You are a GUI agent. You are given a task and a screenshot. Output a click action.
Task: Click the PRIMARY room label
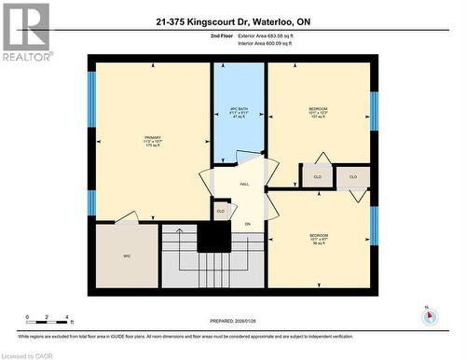(149, 141)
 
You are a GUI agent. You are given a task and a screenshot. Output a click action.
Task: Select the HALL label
(245, 185)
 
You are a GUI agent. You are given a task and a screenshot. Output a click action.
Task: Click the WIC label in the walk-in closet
(126, 255)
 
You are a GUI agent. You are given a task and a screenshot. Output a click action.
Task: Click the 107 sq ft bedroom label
(318, 112)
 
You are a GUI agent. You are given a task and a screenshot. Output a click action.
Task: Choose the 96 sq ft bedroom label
(318, 239)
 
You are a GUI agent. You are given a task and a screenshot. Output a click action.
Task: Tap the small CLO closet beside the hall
(221, 211)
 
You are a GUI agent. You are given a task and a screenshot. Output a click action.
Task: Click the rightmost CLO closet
(353, 175)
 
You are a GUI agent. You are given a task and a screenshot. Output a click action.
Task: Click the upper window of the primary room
(91, 94)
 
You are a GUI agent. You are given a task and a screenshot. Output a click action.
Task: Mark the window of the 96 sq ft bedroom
(374, 226)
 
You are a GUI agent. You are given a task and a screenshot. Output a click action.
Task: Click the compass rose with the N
(429, 314)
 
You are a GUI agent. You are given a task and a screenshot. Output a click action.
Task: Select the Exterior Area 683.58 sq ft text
(277, 35)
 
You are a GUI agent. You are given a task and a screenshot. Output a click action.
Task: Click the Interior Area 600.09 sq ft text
(277, 44)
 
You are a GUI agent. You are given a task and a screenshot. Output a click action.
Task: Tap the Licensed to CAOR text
(28, 354)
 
